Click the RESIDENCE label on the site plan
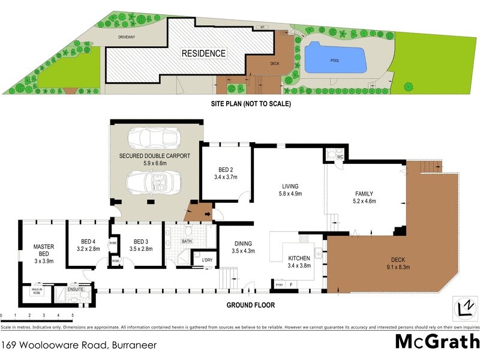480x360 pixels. (204, 53)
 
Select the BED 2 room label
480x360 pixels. (226, 173)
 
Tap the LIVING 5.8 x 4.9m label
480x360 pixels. (290, 190)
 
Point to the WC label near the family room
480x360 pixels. (340, 157)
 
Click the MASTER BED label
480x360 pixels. (44, 253)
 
